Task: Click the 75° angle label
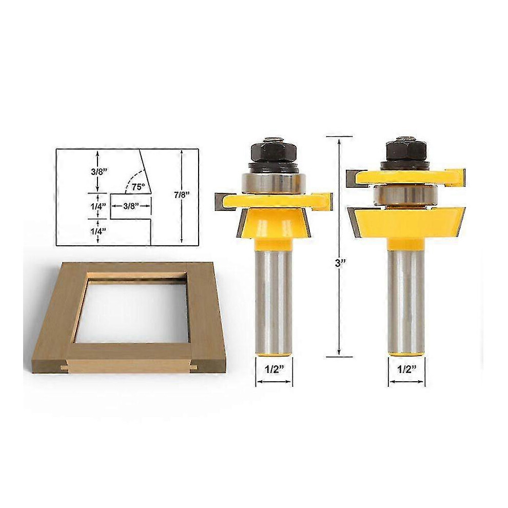click(138, 187)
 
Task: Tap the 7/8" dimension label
click(181, 195)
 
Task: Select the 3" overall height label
click(339, 263)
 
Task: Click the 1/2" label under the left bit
click(274, 369)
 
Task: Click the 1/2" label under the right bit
click(406, 369)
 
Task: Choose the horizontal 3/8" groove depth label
click(131, 206)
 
